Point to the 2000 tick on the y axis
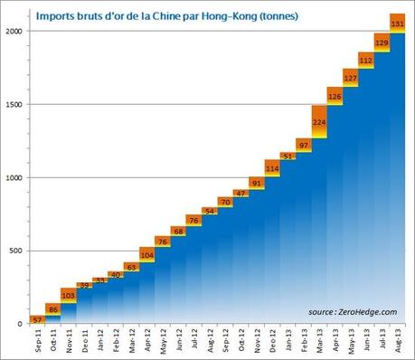[16, 31]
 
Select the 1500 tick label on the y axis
[16, 104]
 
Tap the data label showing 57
[37, 320]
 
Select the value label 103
[68, 295]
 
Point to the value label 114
[271, 168]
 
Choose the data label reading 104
[146, 256]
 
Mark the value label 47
[241, 194]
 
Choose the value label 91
[256, 184]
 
